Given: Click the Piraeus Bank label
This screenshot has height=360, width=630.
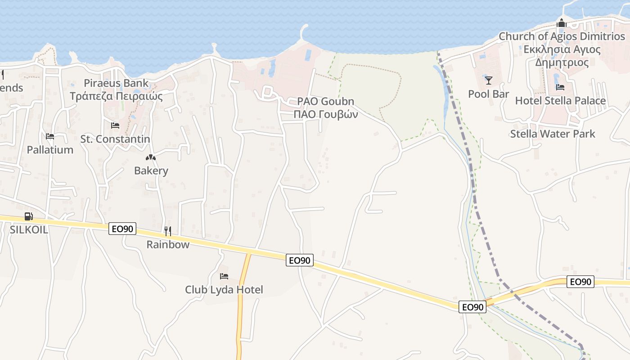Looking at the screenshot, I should pyautogui.click(x=116, y=83).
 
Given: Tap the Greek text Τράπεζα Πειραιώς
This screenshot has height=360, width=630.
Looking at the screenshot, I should pyautogui.click(x=116, y=96).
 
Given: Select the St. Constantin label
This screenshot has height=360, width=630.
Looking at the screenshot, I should pyautogui.click(x=115, y=139).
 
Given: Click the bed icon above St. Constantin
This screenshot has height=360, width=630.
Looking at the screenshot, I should pyautogui.click(x=115, y=126).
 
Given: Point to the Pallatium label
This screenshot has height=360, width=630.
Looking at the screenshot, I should pyautogui.click(x=50, y=150).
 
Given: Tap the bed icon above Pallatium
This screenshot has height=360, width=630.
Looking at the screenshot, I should pyautogui.click(x=50, y=136).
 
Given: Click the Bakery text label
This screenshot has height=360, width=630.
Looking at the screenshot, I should pyautogui.click(x=151, y=171).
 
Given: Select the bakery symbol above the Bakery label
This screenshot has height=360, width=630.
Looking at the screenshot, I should pyautogui.click(x=151, y=157).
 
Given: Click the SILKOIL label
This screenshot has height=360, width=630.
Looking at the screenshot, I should pyautogui.click(x=29, y=229).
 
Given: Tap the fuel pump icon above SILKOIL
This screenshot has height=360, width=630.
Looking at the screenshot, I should pyautogui.click(x=28, y=216).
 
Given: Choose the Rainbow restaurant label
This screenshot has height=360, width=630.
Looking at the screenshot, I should pyautogui.click(x=168, y=244).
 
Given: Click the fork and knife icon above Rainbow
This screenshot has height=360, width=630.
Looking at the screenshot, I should pyautogui.click(x=168, y=231).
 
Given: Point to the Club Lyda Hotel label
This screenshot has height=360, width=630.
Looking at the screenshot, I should pyautogui.click(x=224, y=289).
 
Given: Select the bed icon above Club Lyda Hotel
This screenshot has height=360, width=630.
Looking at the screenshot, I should pyautogui.click(x=224, y=276).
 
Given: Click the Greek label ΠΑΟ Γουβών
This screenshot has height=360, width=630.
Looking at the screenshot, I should pyautogui.click(x=326, y=114).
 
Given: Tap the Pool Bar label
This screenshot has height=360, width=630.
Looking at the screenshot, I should pyautogui.click(x=489, y=94).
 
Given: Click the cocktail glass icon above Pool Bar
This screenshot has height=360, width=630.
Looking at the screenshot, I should pyautogui.click(x=489, y=81).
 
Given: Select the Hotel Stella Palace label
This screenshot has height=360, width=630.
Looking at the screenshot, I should pyautogui.click(x=560, y=100).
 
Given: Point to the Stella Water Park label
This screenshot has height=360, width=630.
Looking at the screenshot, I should pyautogui.click(x=553, y=134).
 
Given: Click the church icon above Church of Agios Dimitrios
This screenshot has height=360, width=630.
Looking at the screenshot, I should pyautogui.click(x=561, y=23).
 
